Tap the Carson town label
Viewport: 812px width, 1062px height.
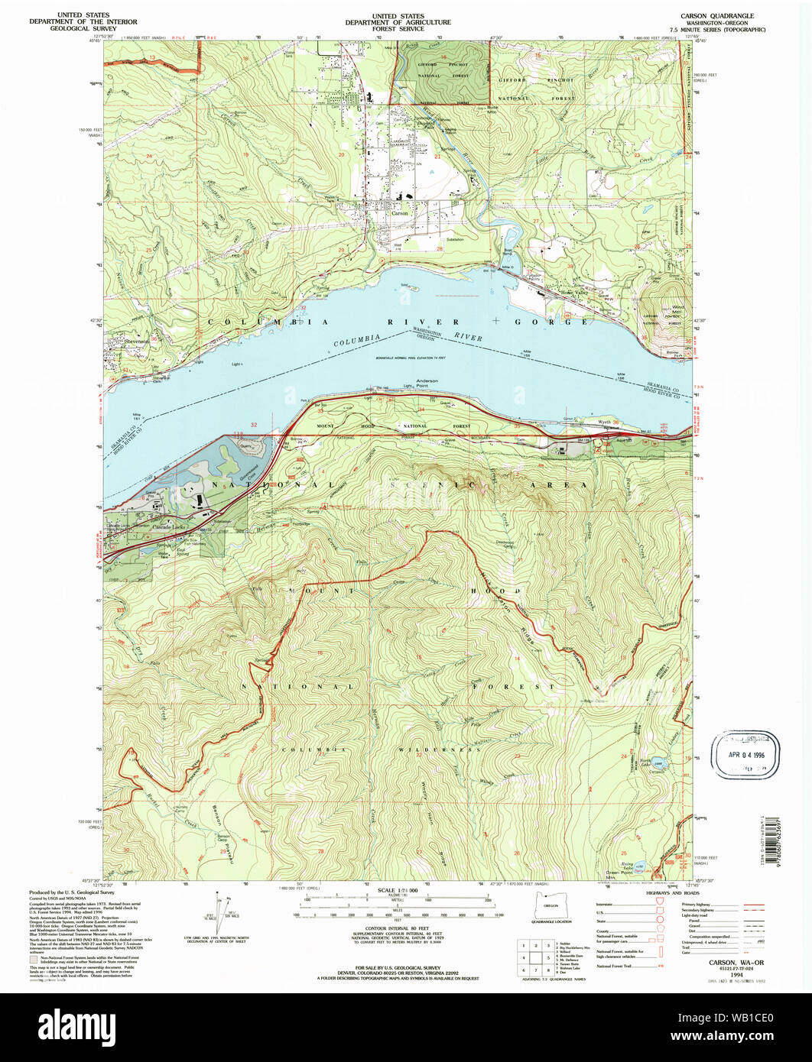(x=401, y=214)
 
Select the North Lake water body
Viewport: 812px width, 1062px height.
(x=658, y=763)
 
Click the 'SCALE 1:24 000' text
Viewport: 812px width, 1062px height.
(x=397, y=891)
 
